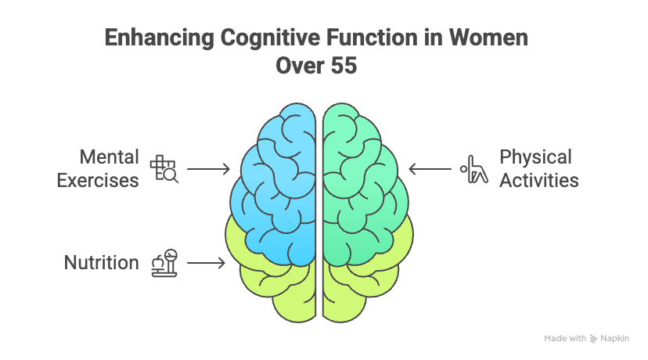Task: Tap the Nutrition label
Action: [x=101, y=263]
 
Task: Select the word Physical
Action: [x=536, y=157]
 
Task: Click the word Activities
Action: [x=539, y=180]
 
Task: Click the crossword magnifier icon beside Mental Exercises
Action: [x=164, y=169]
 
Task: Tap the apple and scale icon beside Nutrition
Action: [x=164, y=263]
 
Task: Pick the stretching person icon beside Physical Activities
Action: [x=473, y=169]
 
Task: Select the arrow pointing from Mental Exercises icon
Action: [x=207, y=169]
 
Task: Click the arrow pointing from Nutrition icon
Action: [x=206, y=264]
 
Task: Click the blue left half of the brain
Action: [x=274, y=180]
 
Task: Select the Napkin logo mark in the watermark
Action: [x=594, y=339]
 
